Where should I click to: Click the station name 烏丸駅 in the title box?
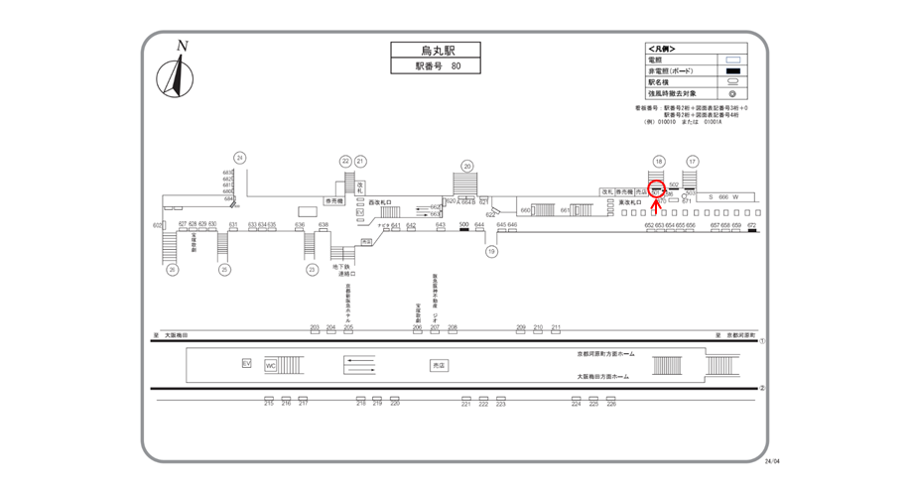click(x=422, y=50)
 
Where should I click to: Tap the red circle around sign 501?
click(x=657, y=189)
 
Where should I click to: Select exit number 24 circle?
click(x=239, y=158)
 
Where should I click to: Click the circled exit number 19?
click(x=490, y=252)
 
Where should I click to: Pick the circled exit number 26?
click(x=173, y=269)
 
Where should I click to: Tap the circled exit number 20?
click(x=466, y=167)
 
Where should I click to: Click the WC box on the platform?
click(x=271, y=365)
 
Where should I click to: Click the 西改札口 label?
click(x=382, y=201)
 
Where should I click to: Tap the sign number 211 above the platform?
click(x=556, y=328)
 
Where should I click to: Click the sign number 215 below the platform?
click(x=269, y=402)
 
